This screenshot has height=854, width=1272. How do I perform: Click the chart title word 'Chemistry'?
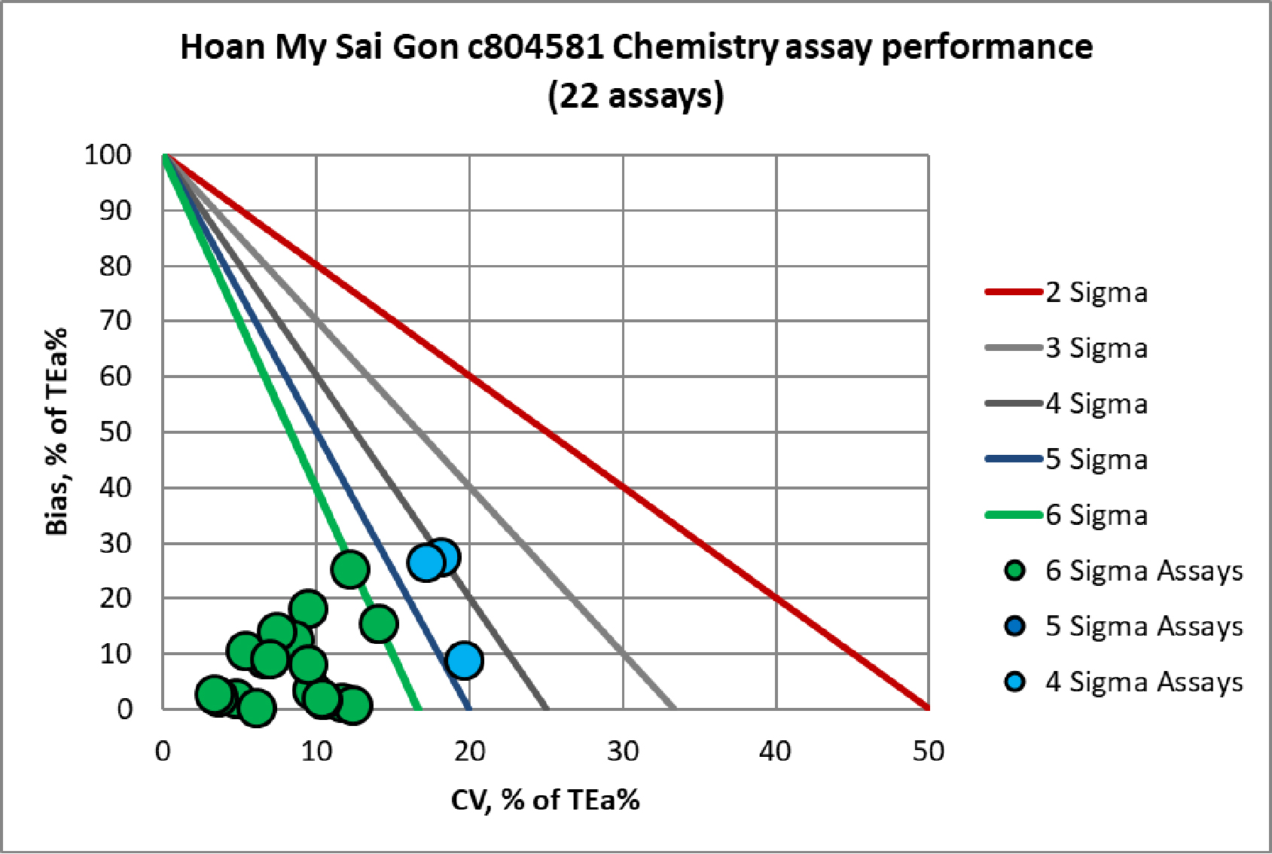[693, 47]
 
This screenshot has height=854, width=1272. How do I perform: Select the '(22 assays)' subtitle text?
[636, 96]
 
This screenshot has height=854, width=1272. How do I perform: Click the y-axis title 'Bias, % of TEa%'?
[57, 432]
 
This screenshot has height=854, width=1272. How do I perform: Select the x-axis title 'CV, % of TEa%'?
[545, 800]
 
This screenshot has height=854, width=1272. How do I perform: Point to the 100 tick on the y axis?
[108, 155]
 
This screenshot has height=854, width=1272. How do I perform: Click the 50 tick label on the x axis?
[928, 752]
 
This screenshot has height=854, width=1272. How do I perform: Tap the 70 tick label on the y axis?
[115, 321]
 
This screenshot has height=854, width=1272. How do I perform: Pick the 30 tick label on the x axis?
[623, 752]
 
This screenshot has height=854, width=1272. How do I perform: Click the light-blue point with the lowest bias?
[464, 660]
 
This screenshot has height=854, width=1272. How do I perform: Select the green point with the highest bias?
[350, 569]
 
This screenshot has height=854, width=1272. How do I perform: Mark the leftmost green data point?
[215, 694]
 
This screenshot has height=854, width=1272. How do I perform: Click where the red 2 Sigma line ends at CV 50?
[927, 708]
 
